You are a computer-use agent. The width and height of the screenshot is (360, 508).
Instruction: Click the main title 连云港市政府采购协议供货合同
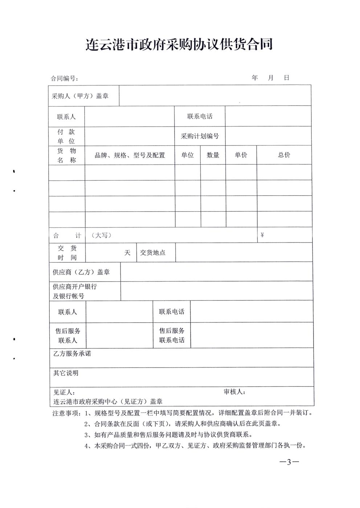coord(179,45)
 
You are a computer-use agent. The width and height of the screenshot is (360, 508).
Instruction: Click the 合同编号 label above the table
coord(64,78)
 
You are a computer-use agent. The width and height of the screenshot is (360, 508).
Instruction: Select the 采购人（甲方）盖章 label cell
coord(80,96)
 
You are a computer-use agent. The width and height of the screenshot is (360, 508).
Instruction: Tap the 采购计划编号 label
coord(200,136)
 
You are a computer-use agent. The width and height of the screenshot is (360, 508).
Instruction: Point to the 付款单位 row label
coord(66,136)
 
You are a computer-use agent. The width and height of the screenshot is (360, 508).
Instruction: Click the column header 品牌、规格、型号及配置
coord(130,155)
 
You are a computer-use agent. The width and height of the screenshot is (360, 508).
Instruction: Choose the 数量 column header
coord(213,155)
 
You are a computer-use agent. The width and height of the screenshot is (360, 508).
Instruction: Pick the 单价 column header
coord(241,155)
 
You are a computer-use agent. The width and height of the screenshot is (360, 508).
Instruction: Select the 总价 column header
coord(284,155)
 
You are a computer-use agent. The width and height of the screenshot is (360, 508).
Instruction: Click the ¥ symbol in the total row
coord(262,235)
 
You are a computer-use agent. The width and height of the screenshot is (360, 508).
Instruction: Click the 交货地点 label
coord(153,253)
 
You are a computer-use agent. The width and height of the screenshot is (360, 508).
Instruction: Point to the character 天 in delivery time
coord(127,253)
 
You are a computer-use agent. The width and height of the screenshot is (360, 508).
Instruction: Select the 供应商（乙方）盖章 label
coord(81,272)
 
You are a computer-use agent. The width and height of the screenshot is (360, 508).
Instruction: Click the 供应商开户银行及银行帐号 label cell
coord(75,291)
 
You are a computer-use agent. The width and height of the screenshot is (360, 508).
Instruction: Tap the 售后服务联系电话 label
coord(172,335)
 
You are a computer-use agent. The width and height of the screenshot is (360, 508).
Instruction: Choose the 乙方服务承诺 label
coord(72,353)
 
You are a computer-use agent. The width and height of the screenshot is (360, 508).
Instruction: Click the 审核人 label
coord(234,392)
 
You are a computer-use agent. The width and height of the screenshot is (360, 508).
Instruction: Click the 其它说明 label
coord(66,373)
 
